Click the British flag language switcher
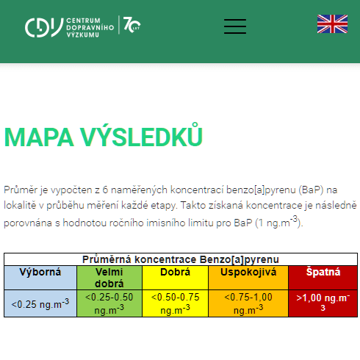[x=332, y=24]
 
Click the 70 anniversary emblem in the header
[x=131, y=26]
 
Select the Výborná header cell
[x=40, y=272]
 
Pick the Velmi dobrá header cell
[x=109, y=277]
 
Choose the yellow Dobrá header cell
[x=175, y=272]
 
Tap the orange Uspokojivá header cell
[x=248, y=272]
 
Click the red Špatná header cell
[x=323, y=272]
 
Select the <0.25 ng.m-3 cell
[x=40, y=303]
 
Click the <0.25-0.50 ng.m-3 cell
[x=109, y=303]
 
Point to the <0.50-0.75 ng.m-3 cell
[x=175, y=303]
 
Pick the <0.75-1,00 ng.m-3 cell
[x=248, y=303]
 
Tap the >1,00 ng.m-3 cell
[x=323, y=303]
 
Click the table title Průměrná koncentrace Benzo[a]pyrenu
[x=180, y=259]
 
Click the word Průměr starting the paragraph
[x=20, y=190]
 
